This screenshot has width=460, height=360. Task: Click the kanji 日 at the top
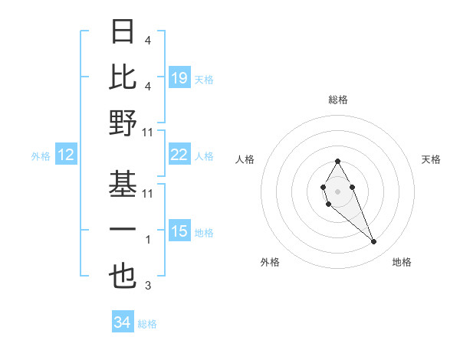point(123,31)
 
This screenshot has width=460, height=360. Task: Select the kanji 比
point(123,77)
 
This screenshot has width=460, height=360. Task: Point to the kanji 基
point(123,183)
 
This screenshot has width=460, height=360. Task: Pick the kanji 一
point(123,230)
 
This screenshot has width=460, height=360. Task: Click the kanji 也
point(123,276)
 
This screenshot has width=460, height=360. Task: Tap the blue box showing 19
point(179,78)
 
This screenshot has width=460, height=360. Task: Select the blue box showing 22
point(179,155)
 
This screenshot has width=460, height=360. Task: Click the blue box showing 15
point(179,231)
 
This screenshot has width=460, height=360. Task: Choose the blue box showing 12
point(65,155)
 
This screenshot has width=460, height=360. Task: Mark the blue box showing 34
point(122,323)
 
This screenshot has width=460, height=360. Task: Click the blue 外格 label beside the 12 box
point(41,156)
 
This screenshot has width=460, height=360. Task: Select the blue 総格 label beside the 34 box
point(147,324)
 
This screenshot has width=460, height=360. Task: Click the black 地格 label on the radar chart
point(402,262)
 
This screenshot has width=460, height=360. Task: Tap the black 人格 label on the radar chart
point(245,159)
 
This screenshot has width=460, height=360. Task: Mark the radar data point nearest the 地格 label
point(374,242)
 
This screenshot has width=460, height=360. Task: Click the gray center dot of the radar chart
point(337,190)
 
